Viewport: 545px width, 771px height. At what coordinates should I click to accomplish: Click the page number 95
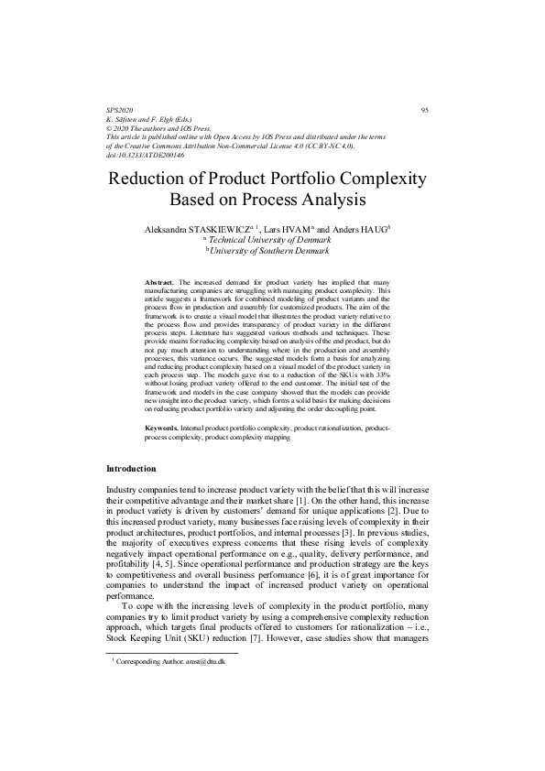(424, 110)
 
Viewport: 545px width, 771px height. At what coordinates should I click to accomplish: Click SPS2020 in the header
(120, 110)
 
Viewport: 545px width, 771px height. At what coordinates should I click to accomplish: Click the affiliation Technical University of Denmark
(272, 239)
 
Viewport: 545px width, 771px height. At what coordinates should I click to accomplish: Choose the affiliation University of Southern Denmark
(272, 250)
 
